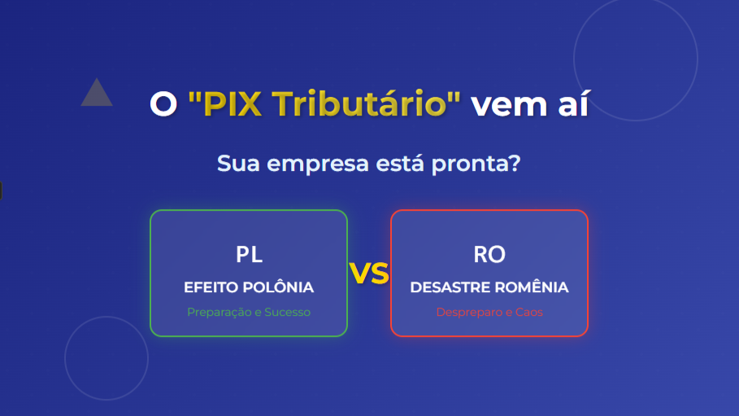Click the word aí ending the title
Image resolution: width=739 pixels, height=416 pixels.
point(572,104)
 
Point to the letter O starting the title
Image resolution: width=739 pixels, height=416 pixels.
point(163,104)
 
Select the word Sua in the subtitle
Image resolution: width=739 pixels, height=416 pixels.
point(235,164)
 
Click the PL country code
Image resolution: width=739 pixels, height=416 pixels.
point(249,254)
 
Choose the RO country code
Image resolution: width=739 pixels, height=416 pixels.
point(489,254)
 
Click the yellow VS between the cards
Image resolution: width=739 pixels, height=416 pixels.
point(369,274)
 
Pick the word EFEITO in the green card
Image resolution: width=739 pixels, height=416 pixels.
point(208,287)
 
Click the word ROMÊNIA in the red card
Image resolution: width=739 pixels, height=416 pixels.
point(533,287)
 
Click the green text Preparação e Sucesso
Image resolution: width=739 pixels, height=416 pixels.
point(249,312)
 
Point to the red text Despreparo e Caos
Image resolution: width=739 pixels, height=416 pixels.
point(489,312)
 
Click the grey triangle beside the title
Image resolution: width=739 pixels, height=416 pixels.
point(97,94)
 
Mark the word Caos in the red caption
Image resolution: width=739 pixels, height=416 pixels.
point(529,312)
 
